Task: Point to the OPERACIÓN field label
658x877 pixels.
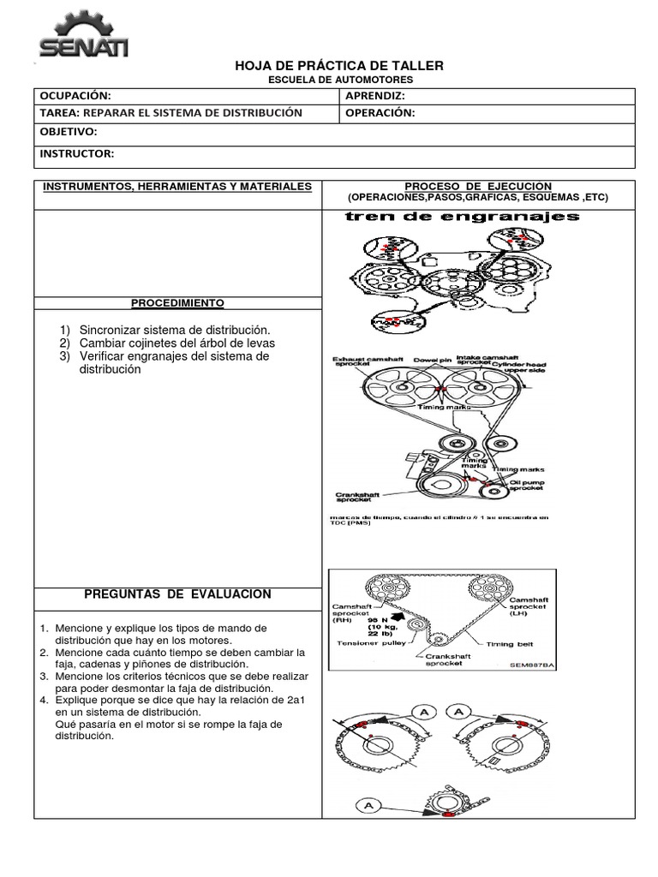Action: pyautogui.click(x=380, y=113)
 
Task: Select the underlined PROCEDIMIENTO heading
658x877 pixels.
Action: pyautogui.click(x=177, y=303)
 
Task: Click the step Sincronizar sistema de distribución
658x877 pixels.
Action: pyautogui.click(x=174, y=330)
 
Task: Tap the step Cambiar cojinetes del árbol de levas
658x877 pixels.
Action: pyautogui.click(x=176, y=343)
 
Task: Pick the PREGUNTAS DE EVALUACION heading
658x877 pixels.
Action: pyautogui.click(x=177, y=594)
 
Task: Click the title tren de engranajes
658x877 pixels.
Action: pyautogui.click(x=462, y=217)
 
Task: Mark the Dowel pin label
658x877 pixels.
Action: pyautogui.click(x=433, y=360)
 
